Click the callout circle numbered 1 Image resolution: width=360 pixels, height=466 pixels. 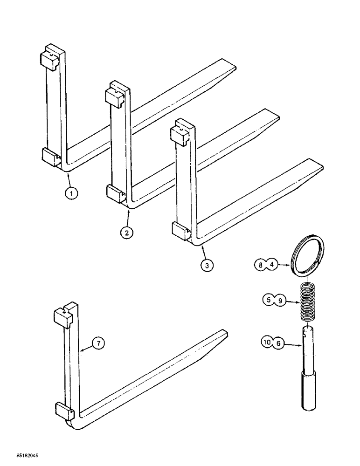(72, 192)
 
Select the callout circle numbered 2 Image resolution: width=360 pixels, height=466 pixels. (126, 232)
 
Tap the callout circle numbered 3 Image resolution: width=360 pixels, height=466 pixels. (206, 264)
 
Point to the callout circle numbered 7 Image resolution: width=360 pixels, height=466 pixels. (97, 343)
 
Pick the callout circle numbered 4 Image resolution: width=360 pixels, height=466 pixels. (272, 265)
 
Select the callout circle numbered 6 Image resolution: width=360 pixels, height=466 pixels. (279, 344)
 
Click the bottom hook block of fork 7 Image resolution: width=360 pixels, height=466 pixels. (63, 410)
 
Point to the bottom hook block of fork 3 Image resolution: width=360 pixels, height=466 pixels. (180, 229)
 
